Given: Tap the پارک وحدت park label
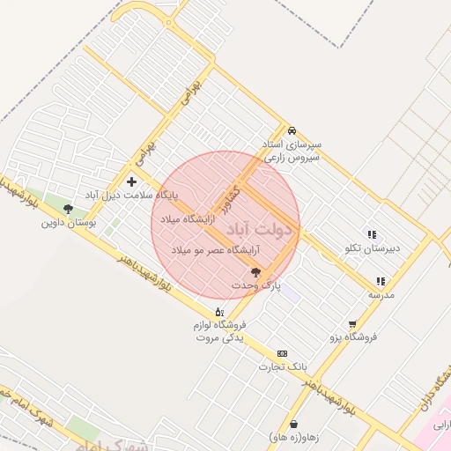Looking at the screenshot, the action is tap(255, 286).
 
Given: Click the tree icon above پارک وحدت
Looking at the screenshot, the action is tap(255, 272).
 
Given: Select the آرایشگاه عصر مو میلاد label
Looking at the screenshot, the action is tap(204, 251).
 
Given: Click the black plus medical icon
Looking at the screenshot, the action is tap(132, 181).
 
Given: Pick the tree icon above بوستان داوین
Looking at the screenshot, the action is tap(68, 209).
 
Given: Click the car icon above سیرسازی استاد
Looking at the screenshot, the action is tap(292, 129).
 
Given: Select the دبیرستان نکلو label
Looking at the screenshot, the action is tap(371, 248).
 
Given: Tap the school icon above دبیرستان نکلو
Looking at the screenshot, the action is tap(372, 234).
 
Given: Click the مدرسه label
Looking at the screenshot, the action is tap(381, 294).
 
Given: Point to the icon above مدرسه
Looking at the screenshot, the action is tap(381, 281).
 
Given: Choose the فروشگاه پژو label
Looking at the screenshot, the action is tap(353, 337).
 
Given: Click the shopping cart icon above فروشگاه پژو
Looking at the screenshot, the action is tap(353, 324).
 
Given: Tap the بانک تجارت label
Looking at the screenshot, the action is tap(282, 366).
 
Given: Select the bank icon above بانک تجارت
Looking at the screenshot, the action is tap(282, 352).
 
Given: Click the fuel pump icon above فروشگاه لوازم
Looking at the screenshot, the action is tap(219, 312).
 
